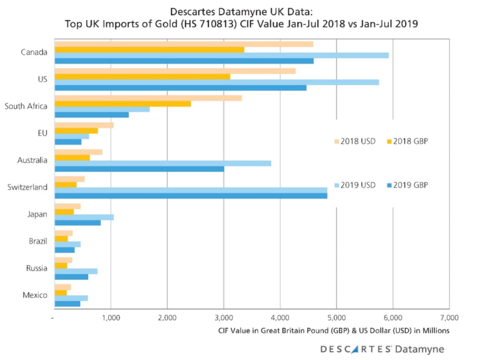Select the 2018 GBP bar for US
click(142, 77)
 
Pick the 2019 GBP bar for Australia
click(139, 169)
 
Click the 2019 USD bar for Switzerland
click(190, 190)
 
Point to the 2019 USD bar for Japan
click(84, 217)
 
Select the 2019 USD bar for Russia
click(75, 271)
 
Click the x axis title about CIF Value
click(333, 330)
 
